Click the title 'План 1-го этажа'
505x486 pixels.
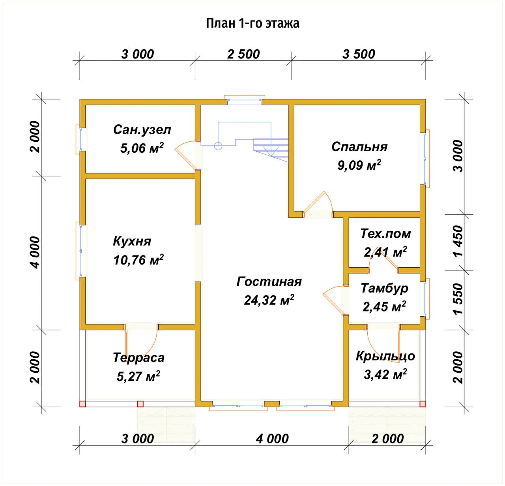click(252, 23)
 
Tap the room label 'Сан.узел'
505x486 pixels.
click(142, 129)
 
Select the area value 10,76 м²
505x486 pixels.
click(138, 259)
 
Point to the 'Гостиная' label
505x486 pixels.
click(269, 281)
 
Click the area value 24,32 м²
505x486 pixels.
click(269, 300)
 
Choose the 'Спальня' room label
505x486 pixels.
click(359, 147)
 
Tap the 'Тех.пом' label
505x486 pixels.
click(385, 234)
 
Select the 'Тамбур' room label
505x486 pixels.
click(384, 289)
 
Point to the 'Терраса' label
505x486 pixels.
click(138, 358)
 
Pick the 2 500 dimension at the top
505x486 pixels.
click(243, 54)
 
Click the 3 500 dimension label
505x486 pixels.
click(359, 54)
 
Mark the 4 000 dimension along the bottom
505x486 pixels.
click(272, 439)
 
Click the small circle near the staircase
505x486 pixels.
click(218, 146)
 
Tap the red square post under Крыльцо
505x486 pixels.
click(423, 404)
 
